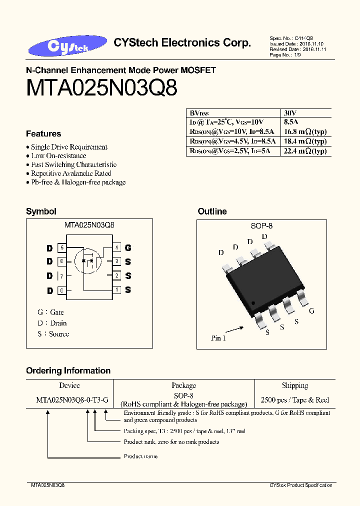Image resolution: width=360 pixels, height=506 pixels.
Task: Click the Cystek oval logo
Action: [x=67, y=46]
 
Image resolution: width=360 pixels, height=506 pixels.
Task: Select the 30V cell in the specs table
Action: [x=290, y=113]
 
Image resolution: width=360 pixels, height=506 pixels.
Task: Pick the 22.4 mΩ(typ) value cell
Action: [x=305, y=151]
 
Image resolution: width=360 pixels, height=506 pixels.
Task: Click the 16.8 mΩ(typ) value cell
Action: [x=305, y=132]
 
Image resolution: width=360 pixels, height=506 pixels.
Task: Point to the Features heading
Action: [x=43, y=134]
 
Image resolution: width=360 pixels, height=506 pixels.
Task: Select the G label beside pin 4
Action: [x=128, y=248]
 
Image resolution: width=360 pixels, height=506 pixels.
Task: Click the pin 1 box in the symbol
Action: [x=116, y=289]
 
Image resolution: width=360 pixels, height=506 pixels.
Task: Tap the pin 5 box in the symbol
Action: [x=62, y=247]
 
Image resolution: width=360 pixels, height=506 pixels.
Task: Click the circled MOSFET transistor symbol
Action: [x=88, y=260]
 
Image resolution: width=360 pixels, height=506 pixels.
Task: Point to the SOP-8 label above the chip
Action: [x=261, y=226]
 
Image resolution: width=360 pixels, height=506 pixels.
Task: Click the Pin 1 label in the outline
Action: [x=218, y=338]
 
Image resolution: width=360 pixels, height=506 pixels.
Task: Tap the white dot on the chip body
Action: [x=253, y=302]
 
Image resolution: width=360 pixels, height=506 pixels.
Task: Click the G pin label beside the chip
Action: [x=311, y=311]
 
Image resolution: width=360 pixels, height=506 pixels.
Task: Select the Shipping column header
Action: [x=295, y=385]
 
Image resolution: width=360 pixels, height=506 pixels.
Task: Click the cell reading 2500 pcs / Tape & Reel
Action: [x=295, y=400]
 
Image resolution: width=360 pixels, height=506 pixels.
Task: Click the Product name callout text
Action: [x=140, y=456]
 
